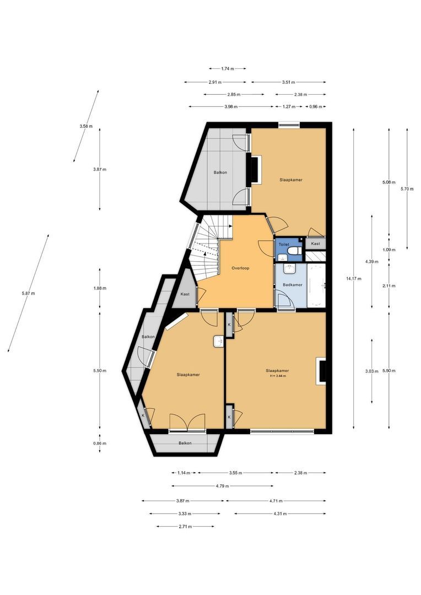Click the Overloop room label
(x=240, y=268)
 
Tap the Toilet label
(x=284, y=245)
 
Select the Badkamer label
(x=293, y=285)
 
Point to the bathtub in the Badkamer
(x=316, y=285)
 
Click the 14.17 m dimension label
(x=353, y=279)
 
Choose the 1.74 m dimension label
(x=228, y=69)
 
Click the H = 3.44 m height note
(x=277, y=376)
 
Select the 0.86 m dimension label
(x=99, y=443)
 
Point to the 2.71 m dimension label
(x=185, y=526)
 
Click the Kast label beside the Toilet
(x=315, y=244)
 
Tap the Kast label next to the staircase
(x=185, y=294)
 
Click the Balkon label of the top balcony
(x=220, y=172)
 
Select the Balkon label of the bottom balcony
(x=185, y=443)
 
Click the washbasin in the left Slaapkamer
(x=219, y=341)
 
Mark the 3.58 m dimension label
(x=86, y=126)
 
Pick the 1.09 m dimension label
(x=388, y=250)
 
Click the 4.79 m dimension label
(x=222, y=486)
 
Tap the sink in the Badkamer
(x=290, y=268)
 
